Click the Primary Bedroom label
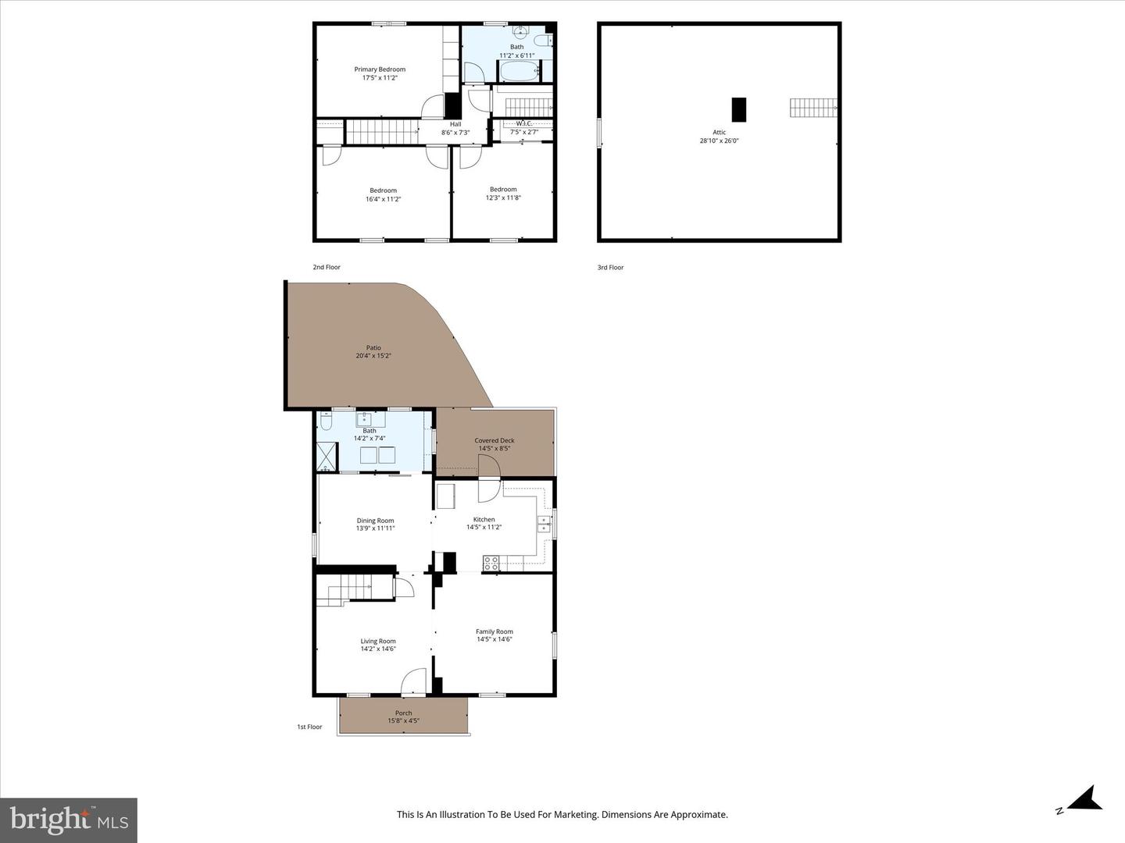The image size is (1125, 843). pos(380,69)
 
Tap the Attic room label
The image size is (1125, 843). pos(719,133)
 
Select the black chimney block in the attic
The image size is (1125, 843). pos(738,109)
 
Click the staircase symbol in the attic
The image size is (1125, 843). pos(812,108)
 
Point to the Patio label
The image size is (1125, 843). pos(373,348)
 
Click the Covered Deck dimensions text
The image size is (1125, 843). pos(495,449)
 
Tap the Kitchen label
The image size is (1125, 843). pos(484,519)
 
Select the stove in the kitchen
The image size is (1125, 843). pos(491,561)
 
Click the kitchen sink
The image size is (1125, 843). pos(544,524)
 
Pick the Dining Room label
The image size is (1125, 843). pos(375,521)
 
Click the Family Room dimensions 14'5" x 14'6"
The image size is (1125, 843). pos(495,639)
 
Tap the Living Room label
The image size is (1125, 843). pos(378,642)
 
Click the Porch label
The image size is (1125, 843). pos(403,713)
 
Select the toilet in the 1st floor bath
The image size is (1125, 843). pos(327,421)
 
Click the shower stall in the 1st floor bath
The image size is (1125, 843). pos(327,456)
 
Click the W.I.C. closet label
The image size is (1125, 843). pos(523,123)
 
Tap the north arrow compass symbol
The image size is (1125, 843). pos(1084,799)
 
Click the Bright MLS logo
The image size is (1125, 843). pos(69,820)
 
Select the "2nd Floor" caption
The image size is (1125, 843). pos(327,267)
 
